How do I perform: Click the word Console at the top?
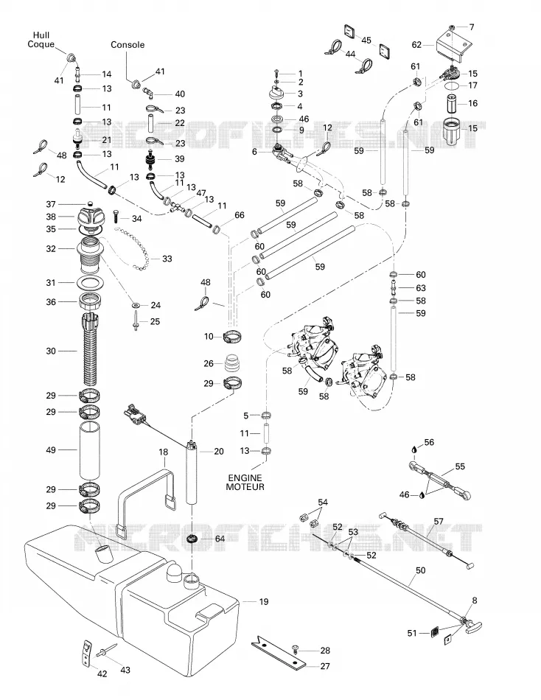[128, 45]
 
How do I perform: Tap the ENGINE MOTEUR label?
[245, 483]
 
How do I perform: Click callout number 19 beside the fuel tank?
[264, 602]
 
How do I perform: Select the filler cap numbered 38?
[92, 217]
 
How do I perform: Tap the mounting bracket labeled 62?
[454, 45]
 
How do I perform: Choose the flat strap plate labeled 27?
[279, 652]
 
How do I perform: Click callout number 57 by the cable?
[439, 522]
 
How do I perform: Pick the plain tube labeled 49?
[90, 449]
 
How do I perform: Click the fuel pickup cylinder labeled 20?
[192, 472]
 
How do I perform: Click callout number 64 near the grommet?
[220, 539]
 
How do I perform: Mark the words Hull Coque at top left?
[41, 39]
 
